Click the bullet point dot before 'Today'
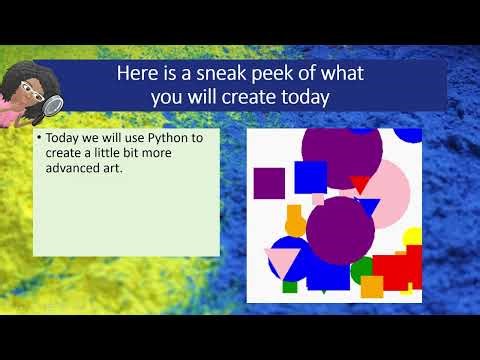click(39, 141)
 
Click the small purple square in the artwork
click(270, 183)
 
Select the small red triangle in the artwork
click(360, 183)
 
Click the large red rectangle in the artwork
click(393, 272)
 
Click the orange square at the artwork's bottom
click(372, 288)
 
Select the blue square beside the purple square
click(311, 177)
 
